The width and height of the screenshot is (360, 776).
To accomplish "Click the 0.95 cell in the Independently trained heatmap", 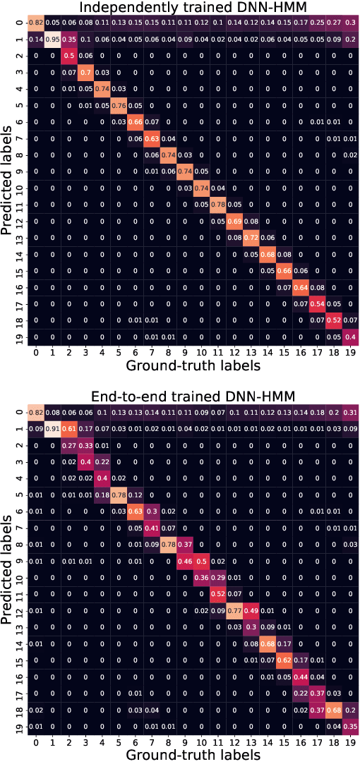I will [x=52, y=39].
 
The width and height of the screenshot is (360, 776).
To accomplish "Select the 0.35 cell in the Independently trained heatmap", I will [x=68, y=39].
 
